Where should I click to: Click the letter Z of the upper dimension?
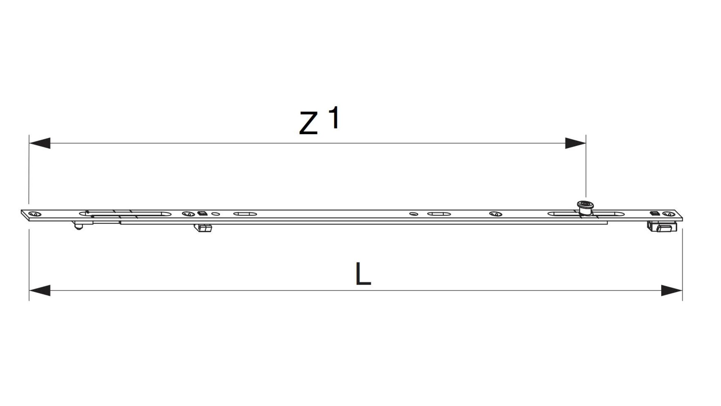click(x=309, y=123)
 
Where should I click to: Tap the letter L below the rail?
click(x=363, y=273)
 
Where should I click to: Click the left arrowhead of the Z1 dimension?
click(x=39, y=143)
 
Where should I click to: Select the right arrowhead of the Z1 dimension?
click(x=575, y=143)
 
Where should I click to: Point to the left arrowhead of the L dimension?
click(x=39, y=291)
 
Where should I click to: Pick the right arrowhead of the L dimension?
click(x=672, y=291)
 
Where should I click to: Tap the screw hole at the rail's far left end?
click(x=35, y=214)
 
